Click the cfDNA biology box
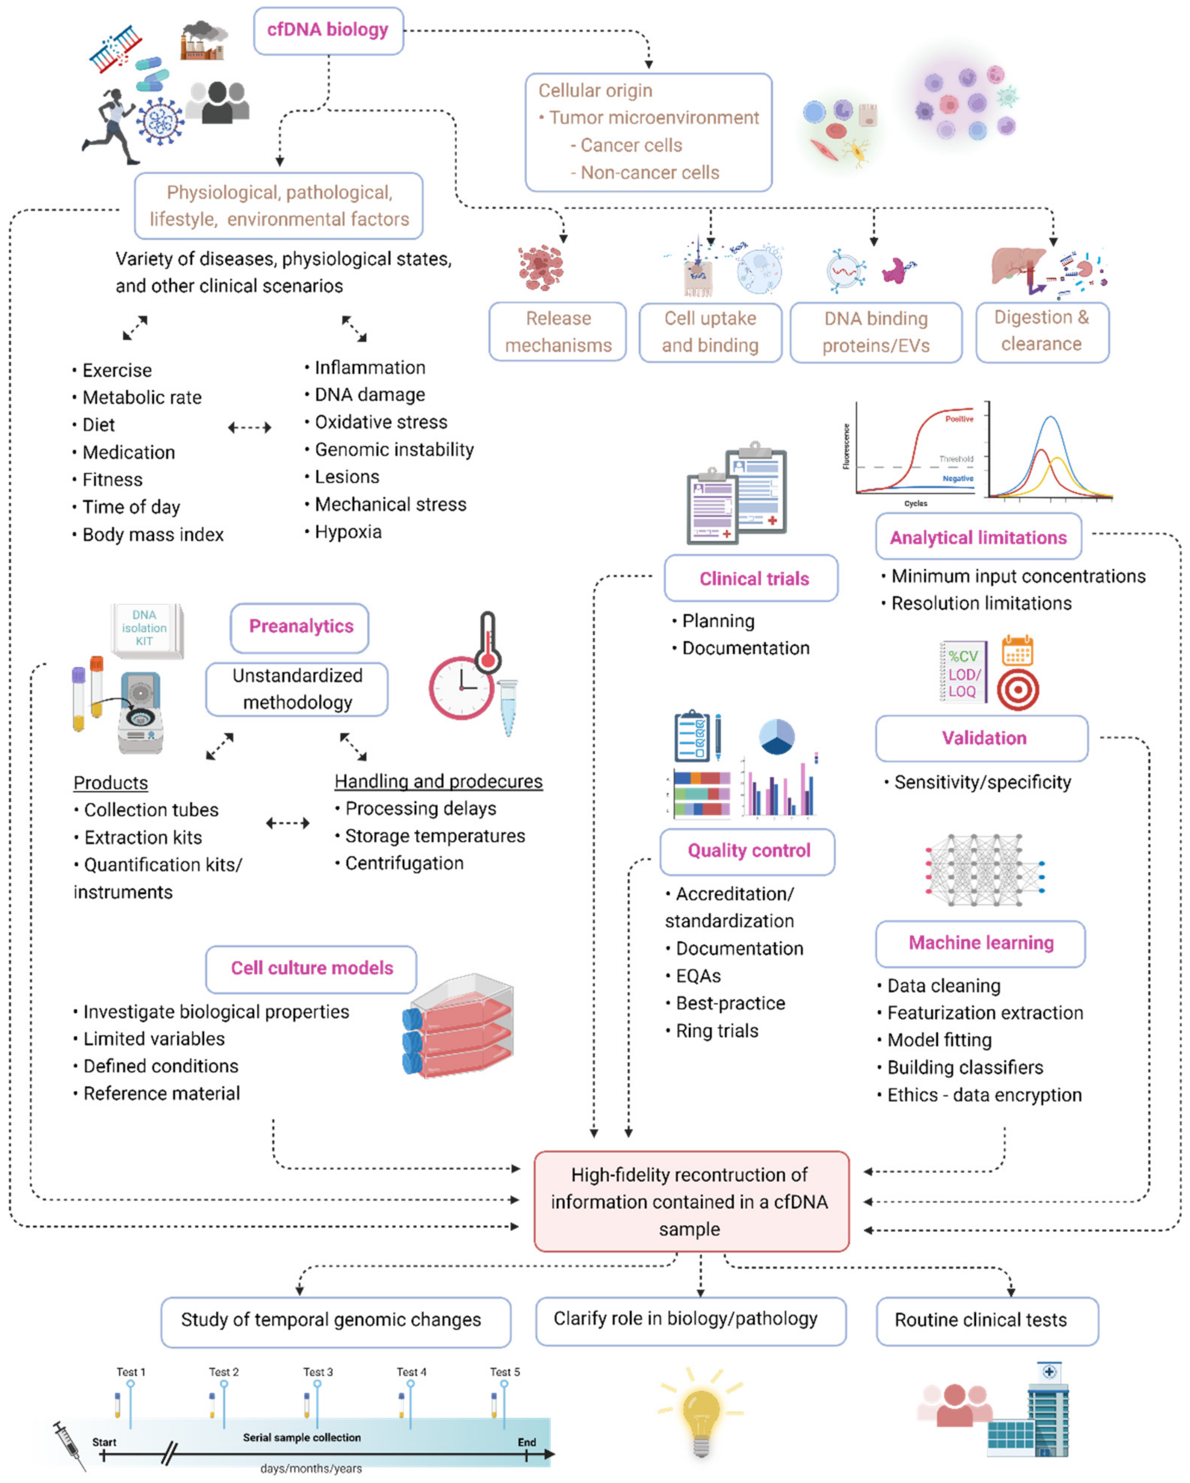(x=328, y=30)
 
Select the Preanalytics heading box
(x=300, y=627)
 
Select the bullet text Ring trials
(x=717, y=1031)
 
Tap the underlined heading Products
(x=111, y=784)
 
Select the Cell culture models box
(x=312, y=969)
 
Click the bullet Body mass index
(x=153, y=535)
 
